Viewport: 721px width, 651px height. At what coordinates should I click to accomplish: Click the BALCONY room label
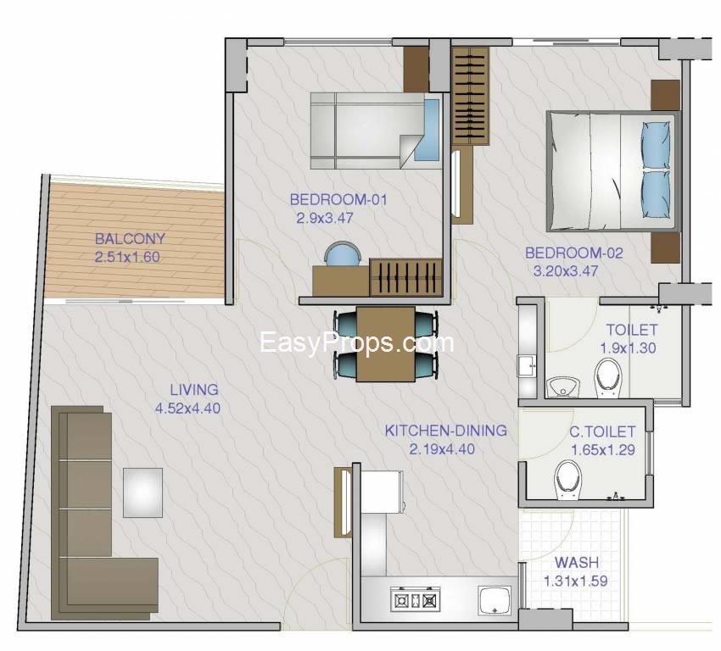pyautogui.click(x=130, y=239)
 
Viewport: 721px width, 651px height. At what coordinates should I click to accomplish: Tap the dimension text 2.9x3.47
pyautogui.click(x=325, y=218)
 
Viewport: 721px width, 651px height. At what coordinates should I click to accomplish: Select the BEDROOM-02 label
pyautogui.click(x=574, y=253)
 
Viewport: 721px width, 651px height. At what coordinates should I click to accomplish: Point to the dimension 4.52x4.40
pyautogui.click(x=187, y=408)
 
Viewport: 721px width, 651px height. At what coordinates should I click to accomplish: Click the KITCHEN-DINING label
pyautogui.click(x=445, y=431)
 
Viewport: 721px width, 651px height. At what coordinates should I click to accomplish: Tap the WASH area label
pyautogui.click(x=577, y=562)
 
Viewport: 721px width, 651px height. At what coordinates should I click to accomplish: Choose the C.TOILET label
pyautogui.click(x=602, y=431)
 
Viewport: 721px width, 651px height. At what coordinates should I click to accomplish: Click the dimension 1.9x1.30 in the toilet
pyautogui.click(x=628, y=348)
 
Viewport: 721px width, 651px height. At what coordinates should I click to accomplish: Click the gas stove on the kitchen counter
pyautogui.click(x=416, y=599)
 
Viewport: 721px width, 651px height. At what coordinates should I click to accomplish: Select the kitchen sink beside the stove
pyautogui.click(x=495, y=600)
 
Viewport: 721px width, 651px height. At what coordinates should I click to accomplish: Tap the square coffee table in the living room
pyautogui.click(x=143, y=492)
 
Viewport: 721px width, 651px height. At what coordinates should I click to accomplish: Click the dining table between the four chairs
pyautogui.click(x=386, y=343)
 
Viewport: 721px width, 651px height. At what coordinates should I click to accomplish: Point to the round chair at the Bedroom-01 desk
pyautogui.click(x=342, y=254)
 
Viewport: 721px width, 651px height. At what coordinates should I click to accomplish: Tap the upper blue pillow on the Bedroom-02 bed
pyautogui.click(x=655, y=144)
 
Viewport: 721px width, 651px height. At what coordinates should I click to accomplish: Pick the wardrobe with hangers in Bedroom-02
pyautogui.click(x=470, y=96)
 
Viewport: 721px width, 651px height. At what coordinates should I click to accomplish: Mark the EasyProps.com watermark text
pyautogui.click(x=357, y=342)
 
